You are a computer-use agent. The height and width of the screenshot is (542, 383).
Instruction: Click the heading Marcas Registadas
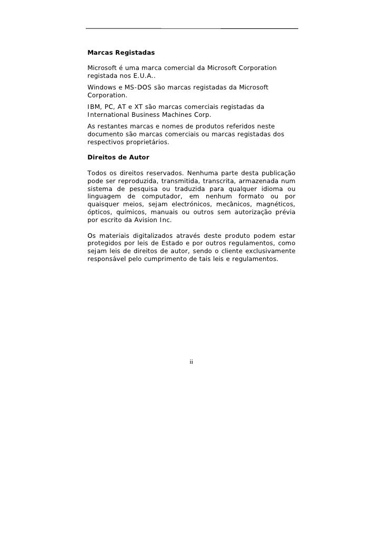tap(121, 53)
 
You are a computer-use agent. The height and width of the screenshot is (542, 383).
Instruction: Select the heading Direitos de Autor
tap(118, 157)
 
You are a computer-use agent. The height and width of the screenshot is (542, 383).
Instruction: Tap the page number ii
tap(191, 362)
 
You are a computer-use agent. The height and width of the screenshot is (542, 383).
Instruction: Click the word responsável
tap(107, 259)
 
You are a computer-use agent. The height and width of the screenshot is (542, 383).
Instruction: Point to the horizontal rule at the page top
tap(191, 28)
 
